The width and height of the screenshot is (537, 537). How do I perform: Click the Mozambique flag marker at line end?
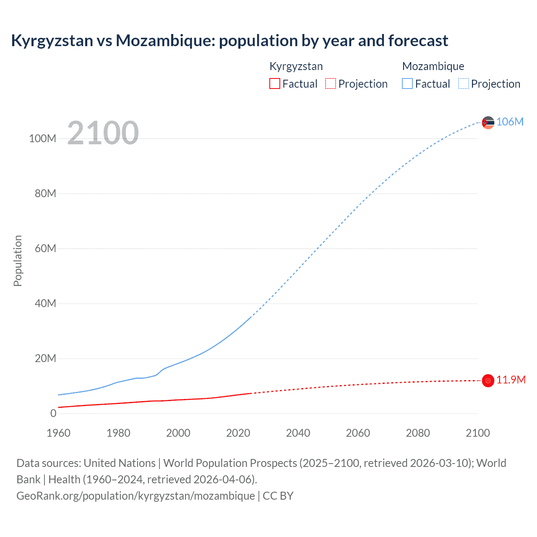click(488, 123)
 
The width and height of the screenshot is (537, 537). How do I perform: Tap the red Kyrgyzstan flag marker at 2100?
click(488, 381)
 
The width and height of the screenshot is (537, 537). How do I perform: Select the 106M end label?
click(510, 122)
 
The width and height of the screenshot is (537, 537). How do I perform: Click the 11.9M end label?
click(511, 380)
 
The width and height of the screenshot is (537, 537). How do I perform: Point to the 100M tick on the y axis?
click(42, 138)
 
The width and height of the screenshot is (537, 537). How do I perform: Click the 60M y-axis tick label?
click(45, 248)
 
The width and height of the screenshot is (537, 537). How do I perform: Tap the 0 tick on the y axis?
click(53, 413)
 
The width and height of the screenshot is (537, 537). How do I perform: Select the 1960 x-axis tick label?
click(58, 433)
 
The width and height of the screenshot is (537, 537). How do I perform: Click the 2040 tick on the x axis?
click(298, 433)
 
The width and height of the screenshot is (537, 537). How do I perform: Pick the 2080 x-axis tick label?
click(418, 433)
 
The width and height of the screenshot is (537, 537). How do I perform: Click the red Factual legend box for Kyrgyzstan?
click(275, 83)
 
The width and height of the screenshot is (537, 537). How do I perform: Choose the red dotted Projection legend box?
click(331, 83)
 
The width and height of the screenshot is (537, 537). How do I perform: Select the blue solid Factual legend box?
click(407, 83)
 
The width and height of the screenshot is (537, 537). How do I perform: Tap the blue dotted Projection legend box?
click(464, 83)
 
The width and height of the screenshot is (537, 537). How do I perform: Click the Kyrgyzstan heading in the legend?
click(296, 66)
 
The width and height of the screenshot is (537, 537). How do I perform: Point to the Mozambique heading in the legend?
click(433, 66)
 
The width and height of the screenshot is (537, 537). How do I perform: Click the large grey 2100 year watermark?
click(103, 133)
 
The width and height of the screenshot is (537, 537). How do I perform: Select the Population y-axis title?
click(18, 261)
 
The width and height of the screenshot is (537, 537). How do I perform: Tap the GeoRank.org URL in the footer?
click(136, 495)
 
